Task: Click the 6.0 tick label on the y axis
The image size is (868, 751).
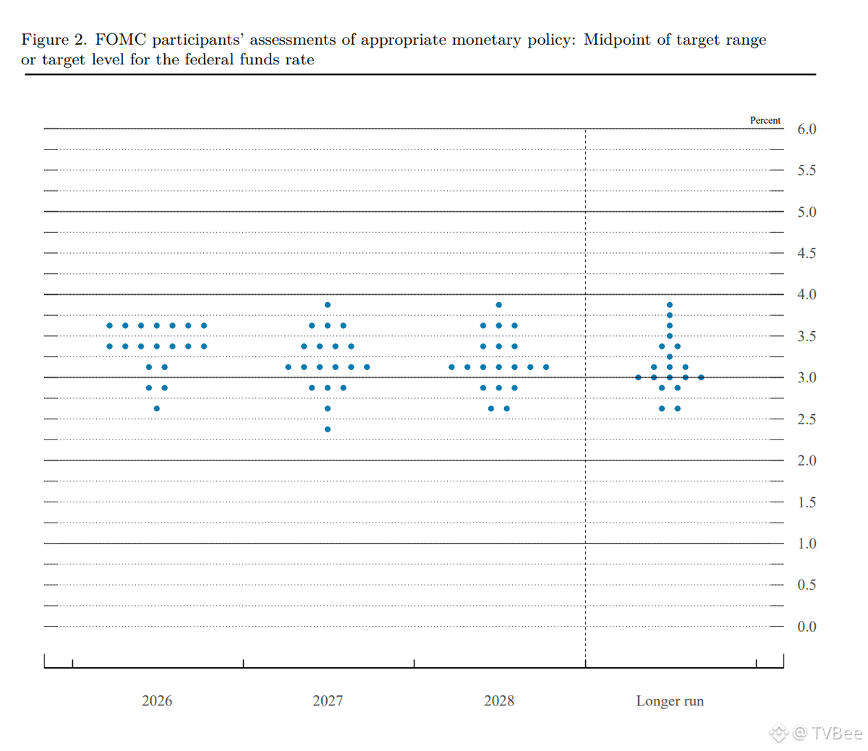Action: point(807,129)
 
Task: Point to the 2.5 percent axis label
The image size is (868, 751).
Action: point(807,420)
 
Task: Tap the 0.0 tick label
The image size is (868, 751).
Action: point(807,627)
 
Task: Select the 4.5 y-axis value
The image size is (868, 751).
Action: point(807,254)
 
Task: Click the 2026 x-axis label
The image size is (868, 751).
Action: point(157,700)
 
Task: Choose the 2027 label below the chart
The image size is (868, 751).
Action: point(328,700)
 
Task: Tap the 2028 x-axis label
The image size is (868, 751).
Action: point(499,700)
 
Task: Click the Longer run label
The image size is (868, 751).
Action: point(670,700)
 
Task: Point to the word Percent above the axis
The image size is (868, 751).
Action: point(765,121)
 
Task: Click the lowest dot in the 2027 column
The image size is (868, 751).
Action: point(328,429)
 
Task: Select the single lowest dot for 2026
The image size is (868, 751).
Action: point(157,408)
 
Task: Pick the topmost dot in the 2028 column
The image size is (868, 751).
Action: point(499,305)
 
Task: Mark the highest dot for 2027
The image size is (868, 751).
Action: point(328,305)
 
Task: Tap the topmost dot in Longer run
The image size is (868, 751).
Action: point(670,305)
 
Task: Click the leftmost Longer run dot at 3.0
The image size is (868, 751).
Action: point(638,377)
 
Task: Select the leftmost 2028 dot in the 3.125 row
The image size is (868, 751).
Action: point(451,367)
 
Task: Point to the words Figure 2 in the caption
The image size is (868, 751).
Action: point(54,40)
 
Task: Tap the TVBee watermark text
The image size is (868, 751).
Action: point(836,733)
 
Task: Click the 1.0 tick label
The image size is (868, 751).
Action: point(807,544)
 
